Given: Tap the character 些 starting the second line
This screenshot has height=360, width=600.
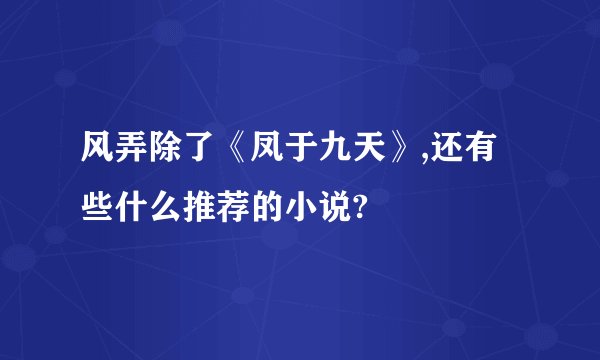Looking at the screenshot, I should coord(98,207).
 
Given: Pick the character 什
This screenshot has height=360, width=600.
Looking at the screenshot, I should coord(133,207).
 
